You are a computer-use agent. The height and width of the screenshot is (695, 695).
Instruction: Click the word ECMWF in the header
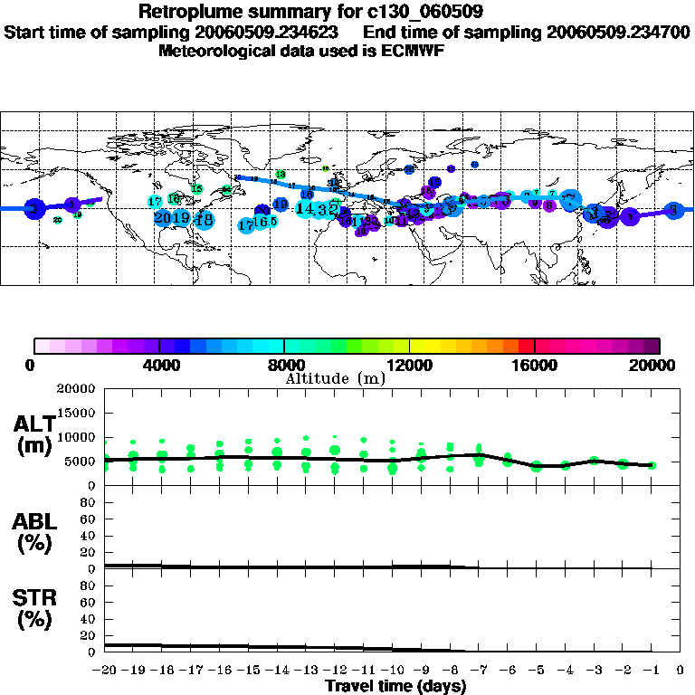(x=411, y=51)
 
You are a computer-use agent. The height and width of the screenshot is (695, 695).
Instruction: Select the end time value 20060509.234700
(x=618, y=32)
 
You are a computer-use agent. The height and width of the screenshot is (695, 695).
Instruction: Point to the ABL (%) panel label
(x=33, y=532)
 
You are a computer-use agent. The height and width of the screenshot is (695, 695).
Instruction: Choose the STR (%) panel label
(x=33, y=608)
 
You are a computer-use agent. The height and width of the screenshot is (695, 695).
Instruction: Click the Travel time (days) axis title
(x=395, y=687)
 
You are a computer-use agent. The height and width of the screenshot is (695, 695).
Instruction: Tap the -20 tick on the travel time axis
(x=106, y=671)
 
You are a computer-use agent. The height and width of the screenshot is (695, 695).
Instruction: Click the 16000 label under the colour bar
(x=536, y=366)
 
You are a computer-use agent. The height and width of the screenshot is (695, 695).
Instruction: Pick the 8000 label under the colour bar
(x=284, y=366)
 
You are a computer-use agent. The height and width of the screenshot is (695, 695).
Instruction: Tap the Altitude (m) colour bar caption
(x=334, y=378)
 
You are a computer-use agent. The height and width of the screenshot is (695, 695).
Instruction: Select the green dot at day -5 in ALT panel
(x=537, y=466)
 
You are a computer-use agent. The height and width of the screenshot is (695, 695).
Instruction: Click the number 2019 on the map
(x=172, y=218)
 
